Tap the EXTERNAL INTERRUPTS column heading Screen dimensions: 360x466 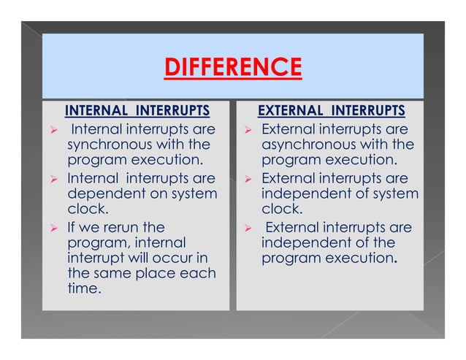click(x=332, y=111)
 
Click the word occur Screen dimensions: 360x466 click(x=172, y=258)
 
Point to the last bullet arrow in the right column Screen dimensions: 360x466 click(x=248, y=229)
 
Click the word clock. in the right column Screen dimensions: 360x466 click(x=280, y=210)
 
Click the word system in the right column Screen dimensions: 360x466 click(x=395, y=194)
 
